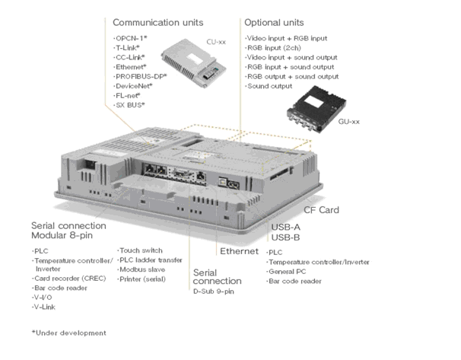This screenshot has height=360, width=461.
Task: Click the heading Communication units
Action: pos(162,22)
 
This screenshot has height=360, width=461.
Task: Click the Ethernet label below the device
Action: pos(239,250)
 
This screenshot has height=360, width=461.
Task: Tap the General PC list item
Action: pos(290,271)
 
